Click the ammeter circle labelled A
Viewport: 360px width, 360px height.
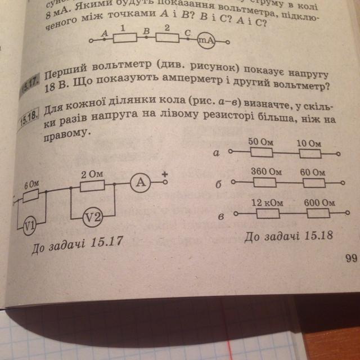pyautogui.click(x=141, y=182)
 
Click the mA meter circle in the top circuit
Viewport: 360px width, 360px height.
pyautogui.click(x=206, y=40)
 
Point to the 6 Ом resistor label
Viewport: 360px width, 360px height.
pyautogui.click(x=31, y=184)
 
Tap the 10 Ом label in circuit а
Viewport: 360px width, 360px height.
pyautogui.click(x=308, y=145)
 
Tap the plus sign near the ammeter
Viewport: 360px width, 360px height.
pyautogui.click(x=165, y=174)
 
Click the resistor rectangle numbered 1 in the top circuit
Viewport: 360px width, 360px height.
pyautogui.click(x=126, y=38)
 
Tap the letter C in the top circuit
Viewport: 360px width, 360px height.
pyautogui.click(x=188, y=32)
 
